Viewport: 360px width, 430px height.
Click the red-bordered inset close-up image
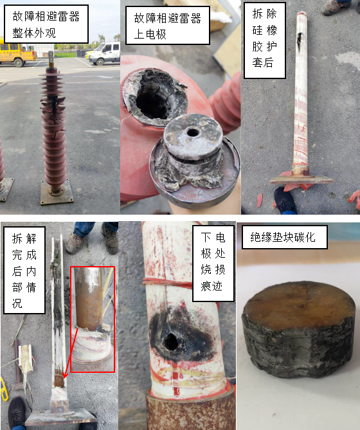click(x=93, y=319)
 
